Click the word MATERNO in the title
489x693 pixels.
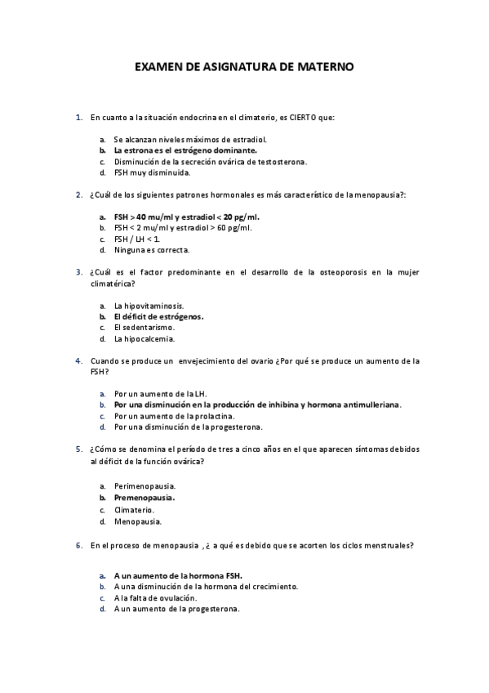(325, 69)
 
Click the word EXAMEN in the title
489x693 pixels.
(159, 69)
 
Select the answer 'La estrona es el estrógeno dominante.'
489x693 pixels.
(185, 150)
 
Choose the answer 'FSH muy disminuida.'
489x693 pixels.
(152, 173)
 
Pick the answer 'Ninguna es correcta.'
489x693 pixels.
(152, 250)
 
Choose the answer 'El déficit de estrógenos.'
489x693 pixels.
(158, 316)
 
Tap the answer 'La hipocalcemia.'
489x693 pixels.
(144, 338)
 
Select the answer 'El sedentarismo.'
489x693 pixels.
(144, 328)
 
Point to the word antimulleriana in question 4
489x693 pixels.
(371, 405)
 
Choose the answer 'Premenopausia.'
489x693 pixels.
(144, 497)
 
